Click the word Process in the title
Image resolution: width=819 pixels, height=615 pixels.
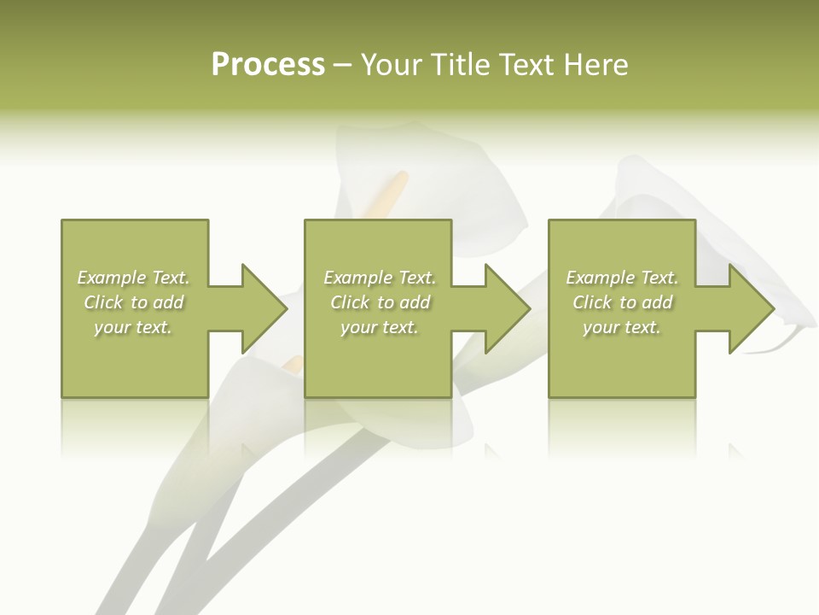(x=268, y=65)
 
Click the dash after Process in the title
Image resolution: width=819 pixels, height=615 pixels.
(x=343, y=66)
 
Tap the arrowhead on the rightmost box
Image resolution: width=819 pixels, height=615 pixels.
(x=750, y=308)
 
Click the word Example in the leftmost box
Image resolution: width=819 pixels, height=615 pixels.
(x=112, y=278)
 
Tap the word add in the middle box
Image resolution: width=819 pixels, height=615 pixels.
(x=415, y=302)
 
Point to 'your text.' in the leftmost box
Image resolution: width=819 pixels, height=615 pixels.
(x=133, y=327)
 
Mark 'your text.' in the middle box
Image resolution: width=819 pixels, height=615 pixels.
(x=380, y=327)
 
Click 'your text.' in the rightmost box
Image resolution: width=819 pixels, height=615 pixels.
(x=622, y=327)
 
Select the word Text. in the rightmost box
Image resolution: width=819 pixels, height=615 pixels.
(x=659, y=278)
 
